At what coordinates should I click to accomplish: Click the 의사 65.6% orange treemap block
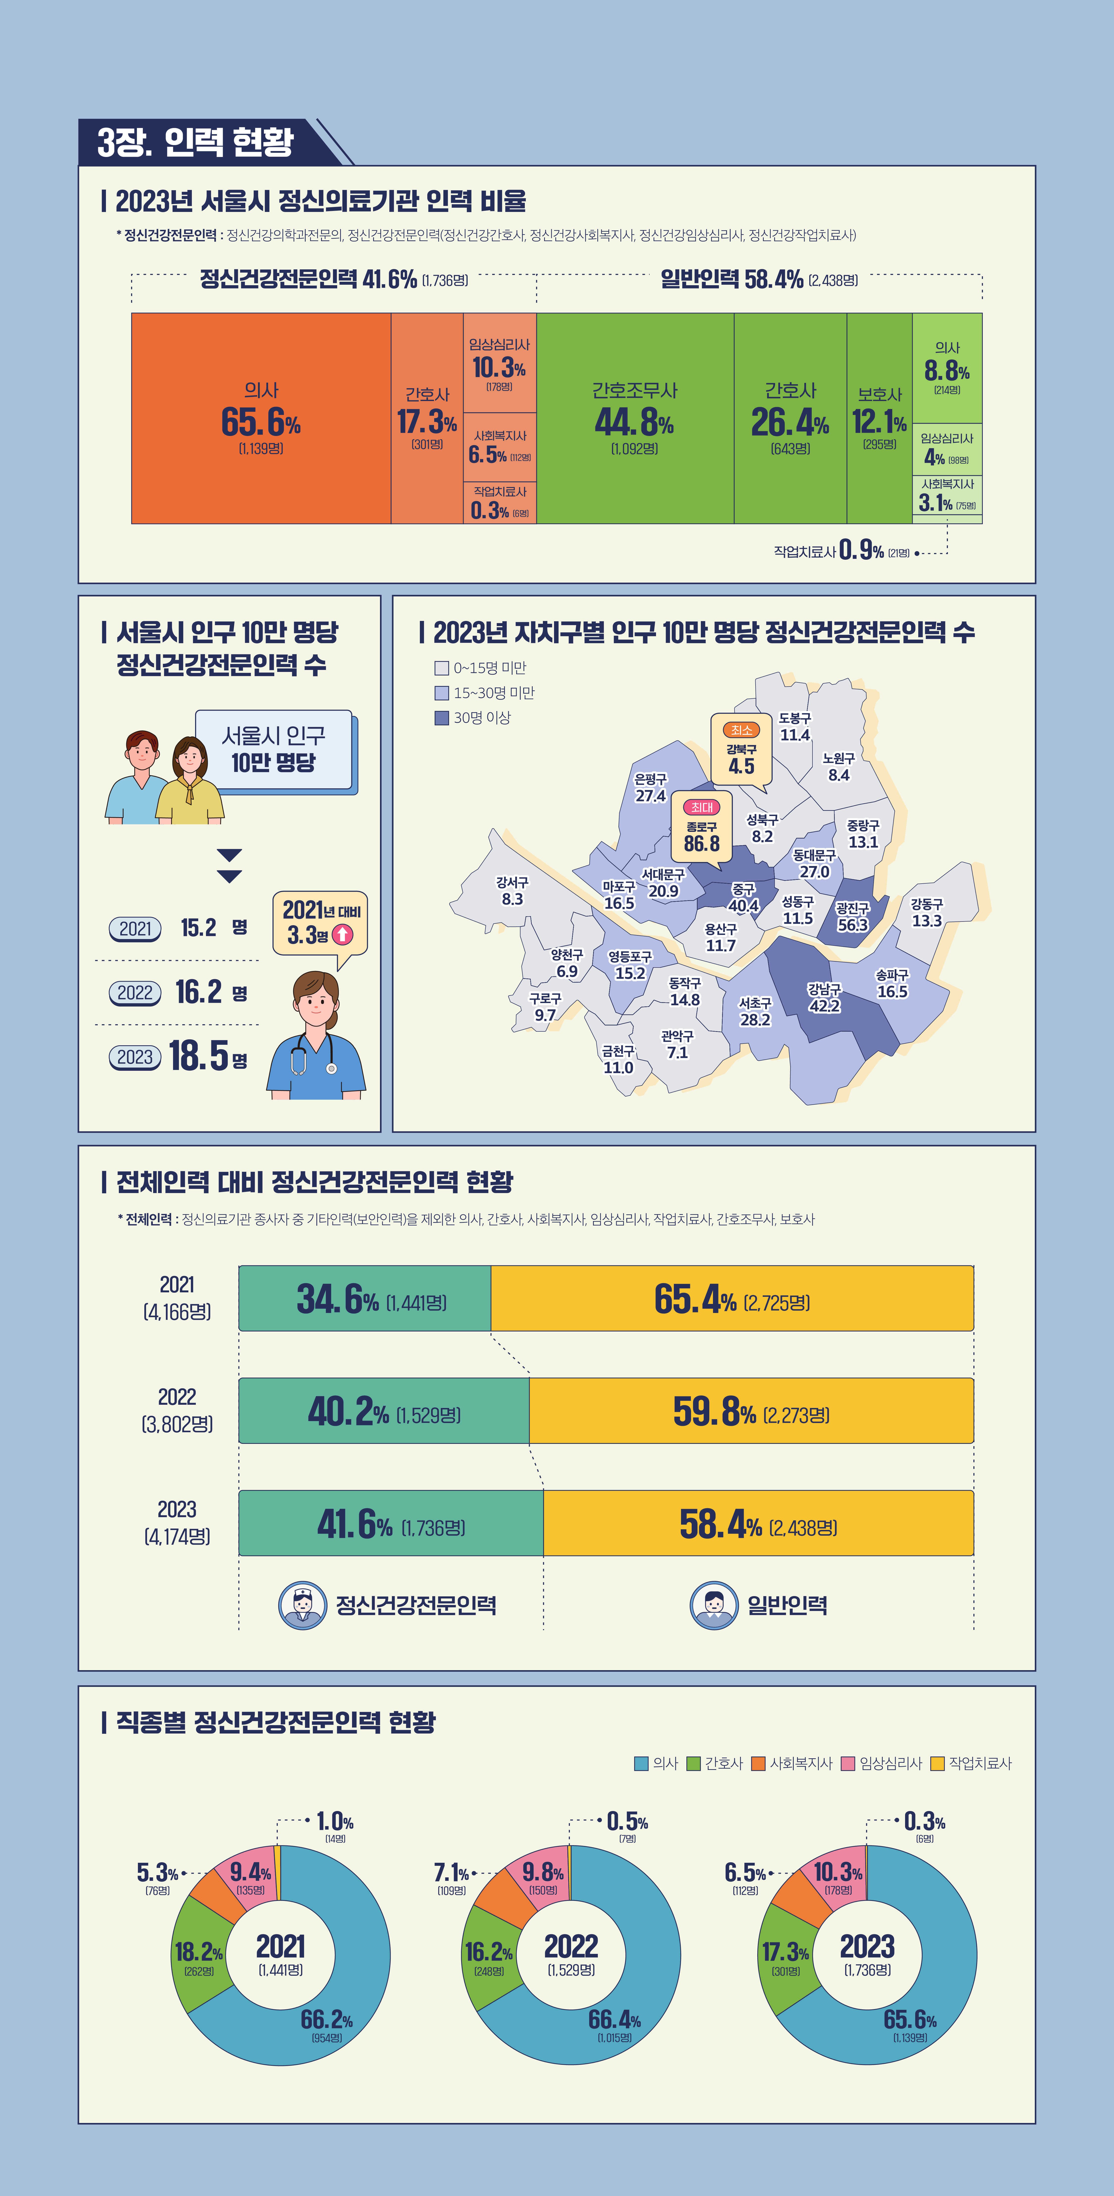coord(261,418)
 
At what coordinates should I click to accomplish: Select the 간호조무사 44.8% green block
coord(635,418)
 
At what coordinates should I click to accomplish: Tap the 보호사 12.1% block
coord(880,418)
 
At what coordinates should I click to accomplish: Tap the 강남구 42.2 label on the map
coord(824,997)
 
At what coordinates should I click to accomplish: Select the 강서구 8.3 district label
coord(512,891)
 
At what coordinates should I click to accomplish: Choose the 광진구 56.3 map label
coord(852,917)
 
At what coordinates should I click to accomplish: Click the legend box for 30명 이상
coord(441,718)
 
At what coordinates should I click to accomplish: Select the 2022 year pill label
coord(135,993)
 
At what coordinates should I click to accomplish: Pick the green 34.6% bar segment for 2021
coord(365,1298)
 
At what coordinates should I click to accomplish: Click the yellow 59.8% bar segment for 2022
coord(751,1411)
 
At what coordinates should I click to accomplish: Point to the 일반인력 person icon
coord(713,1605)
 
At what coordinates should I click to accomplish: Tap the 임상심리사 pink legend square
coord(848,1763)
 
